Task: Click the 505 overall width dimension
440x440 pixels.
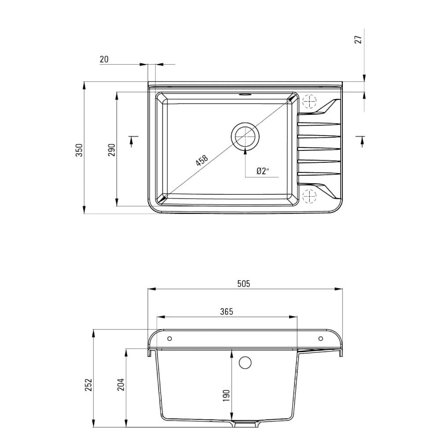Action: pos(243,284)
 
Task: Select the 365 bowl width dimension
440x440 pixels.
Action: pos(227,312)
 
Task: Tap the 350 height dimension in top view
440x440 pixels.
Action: pos(79,150)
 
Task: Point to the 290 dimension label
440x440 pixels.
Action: pos(112,150)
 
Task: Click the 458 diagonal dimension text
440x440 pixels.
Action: pos(202,160)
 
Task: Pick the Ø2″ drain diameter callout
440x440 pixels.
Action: pos(263,171)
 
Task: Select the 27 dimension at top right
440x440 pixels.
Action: pos(358,40)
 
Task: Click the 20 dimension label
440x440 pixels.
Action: pos(104,59)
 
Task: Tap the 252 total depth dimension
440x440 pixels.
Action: pos(88,385)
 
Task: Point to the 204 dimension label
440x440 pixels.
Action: pos(121,385)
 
